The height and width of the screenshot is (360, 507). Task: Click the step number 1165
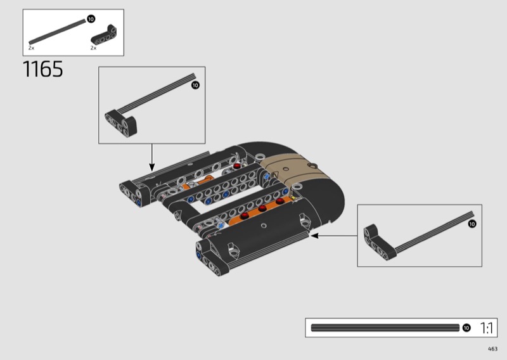42,69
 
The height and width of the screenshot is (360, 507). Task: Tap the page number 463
492,349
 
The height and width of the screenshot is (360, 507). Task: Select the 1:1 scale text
486,328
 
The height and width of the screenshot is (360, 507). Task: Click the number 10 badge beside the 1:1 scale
466,328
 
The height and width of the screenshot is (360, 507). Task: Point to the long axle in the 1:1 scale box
385,328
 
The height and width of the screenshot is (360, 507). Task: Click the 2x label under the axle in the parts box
31,48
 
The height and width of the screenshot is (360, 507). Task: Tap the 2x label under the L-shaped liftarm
93,48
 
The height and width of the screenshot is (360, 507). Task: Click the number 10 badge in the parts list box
91,19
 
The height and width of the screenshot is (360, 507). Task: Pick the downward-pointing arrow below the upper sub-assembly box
151,158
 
